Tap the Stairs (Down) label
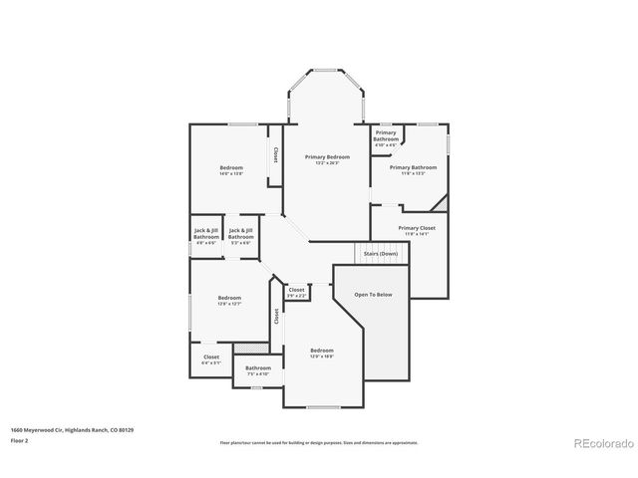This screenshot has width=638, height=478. click(x=380, y=254)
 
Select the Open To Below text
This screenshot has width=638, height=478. click(x=374, y=295)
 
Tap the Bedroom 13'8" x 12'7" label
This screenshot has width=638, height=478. click(x=230, y=301)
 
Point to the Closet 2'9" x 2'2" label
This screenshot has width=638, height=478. click(x=296, y=292)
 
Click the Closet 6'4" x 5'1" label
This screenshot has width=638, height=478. click(x=211, y=359)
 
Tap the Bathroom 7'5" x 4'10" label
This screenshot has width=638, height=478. click(x=258, y=370)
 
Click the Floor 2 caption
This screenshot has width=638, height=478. click(x=20, y=439)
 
